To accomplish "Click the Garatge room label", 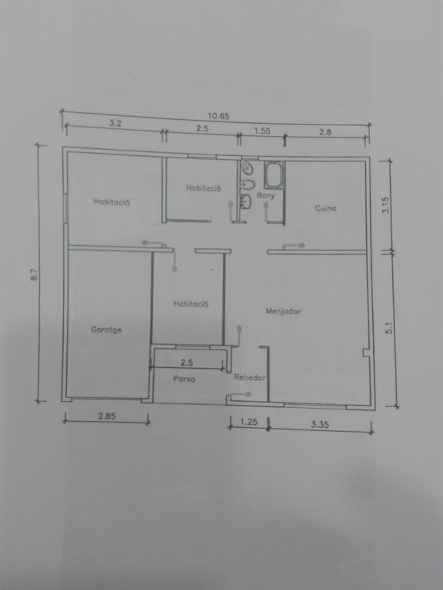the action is [x=106, y=330].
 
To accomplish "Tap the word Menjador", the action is [x=283, y=311].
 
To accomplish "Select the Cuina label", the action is [x=325, y=208].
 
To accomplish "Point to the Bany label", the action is [x=265, y=196].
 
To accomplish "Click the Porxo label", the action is [x=185, y=379].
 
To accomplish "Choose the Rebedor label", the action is [x=249, y=377].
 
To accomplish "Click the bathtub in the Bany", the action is [x=274, y=175].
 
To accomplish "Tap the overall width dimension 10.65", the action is [x=218, y=116].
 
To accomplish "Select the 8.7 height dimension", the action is [x=35, y=274].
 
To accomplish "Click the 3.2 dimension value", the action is [x=115, y=123].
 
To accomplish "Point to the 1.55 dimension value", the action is [x=261, y=131].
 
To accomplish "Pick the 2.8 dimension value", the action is [x=325, y=132].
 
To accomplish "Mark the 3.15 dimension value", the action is [x=386, y=205].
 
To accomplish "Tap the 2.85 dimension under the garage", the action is [x=107, y=416].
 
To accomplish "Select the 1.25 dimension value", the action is [x=248, y=422].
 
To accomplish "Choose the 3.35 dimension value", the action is [x=320, y=424].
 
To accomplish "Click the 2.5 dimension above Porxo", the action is [x=186, y=363].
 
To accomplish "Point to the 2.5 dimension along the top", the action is [x=202, y=128].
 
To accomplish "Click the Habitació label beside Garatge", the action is [x=191, y=303].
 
